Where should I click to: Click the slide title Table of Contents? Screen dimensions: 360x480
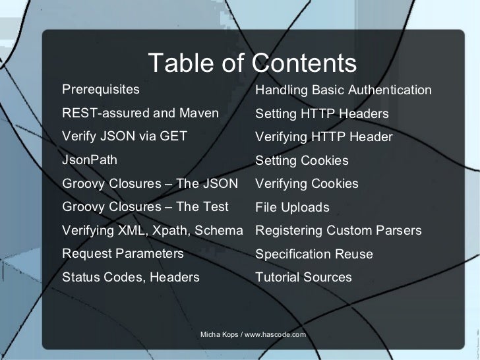click(253, 64)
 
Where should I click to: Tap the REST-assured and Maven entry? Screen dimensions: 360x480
click(140, 113)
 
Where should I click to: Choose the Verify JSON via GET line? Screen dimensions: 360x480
click(125, 136)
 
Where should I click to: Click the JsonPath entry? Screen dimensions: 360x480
click(90, 160)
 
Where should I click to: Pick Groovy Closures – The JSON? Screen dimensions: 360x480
click(150, 183)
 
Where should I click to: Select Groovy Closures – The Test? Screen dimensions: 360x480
click(145, 207)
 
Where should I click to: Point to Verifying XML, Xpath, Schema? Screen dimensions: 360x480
click(152, 231)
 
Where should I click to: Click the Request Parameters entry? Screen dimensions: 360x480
click(123, 254)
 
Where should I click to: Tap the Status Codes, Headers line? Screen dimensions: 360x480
click(131, 278)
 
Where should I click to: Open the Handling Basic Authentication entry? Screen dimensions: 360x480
click(344, 90)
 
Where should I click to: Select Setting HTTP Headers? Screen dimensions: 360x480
click(322, 114)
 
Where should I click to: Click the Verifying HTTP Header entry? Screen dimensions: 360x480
click(324, 137)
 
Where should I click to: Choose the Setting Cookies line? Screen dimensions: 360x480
click(302, 161)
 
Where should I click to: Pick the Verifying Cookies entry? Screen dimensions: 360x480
click(307, 184)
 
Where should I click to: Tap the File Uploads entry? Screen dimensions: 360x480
click(292, 208)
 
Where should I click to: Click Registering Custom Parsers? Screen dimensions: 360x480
click(338, 231)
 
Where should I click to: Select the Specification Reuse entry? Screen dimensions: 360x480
click(314, 255)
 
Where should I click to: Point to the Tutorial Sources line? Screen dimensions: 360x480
click(303, 278)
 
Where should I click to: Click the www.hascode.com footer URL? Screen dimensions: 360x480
click(276, 335)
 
